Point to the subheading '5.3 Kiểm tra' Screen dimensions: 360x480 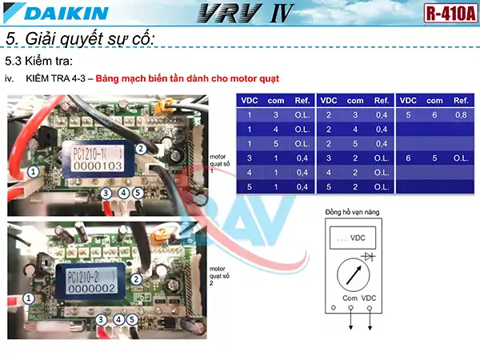(40, 61)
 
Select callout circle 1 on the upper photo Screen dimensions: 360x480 (33, 171)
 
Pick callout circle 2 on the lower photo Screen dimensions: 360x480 (137, 278)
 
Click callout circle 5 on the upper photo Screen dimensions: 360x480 (138, 193)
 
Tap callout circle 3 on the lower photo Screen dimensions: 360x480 (101, 318)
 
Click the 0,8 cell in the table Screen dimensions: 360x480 (460, 115)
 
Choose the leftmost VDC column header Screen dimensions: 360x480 (249, 101)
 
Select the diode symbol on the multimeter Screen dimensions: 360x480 (369, 256)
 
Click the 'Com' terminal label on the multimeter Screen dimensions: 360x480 (350, 298)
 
